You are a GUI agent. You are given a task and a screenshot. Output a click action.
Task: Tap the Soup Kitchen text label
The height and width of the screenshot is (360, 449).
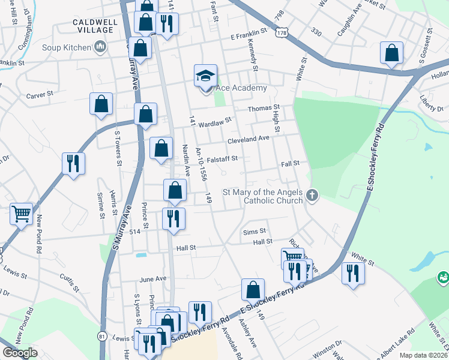tap(67, 47)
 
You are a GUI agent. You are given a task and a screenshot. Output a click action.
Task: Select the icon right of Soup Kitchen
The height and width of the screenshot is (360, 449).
tap(100, 46)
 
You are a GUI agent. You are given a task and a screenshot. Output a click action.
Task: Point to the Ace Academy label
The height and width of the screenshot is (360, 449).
tap(241, 88)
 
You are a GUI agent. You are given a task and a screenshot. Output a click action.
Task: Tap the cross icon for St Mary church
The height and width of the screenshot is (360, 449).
tap(312, 195)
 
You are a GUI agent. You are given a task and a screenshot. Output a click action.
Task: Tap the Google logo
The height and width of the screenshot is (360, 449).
tap(20, 353)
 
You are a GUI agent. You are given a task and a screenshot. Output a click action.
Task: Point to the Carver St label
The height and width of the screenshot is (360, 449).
tap(40, 95)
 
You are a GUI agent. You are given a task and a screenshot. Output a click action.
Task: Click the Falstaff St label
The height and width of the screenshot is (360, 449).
tap(223, 159)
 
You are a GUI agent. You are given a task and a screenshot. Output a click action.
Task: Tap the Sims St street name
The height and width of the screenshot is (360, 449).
tap(255, 231)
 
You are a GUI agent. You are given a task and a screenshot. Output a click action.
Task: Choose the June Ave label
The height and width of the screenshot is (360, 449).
tap(152, 279)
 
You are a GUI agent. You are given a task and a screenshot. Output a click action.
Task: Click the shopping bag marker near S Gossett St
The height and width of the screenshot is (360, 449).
tap(391, 53)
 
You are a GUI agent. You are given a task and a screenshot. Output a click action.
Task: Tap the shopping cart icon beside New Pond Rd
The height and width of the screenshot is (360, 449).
tap(21, 214)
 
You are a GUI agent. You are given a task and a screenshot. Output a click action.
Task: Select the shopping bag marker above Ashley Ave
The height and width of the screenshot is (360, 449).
tap(253, 289)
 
